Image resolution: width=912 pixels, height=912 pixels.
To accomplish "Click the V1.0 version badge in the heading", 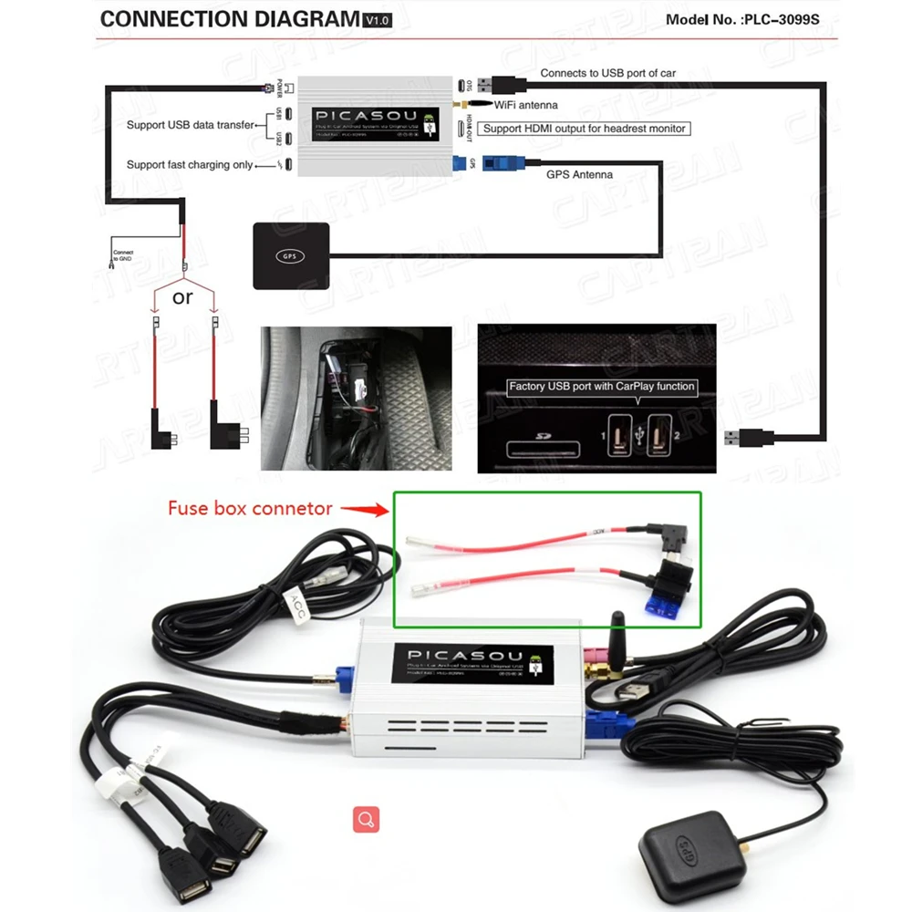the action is point(376,20).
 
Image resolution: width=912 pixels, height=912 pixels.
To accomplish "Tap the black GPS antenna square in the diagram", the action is point(289,255).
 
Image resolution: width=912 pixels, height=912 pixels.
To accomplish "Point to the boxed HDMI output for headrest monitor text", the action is point(584,129).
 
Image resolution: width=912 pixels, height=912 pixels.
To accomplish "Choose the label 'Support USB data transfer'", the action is point(190,125).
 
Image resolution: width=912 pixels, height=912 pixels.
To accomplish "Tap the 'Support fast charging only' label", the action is point(190,165).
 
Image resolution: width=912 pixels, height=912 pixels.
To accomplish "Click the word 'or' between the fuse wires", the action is point(183,298).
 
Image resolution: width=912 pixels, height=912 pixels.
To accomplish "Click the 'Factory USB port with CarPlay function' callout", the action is point(602,387).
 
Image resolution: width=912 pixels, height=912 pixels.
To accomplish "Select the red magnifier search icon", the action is point(367,819).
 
